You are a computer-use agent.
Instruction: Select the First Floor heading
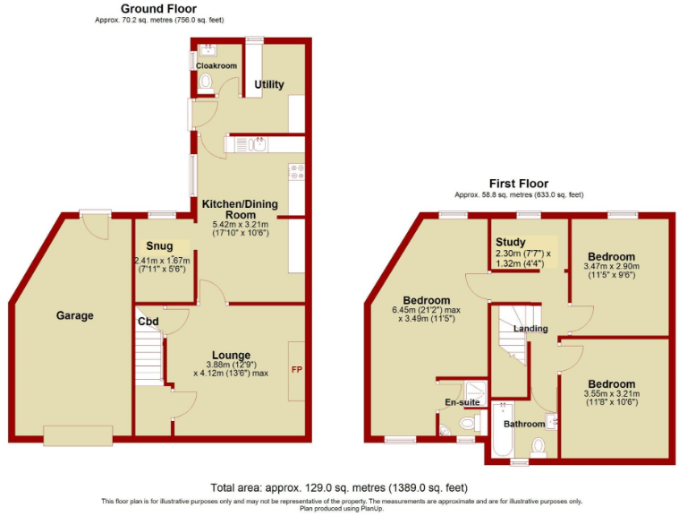click(x=518, y=183)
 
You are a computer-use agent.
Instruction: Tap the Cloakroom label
click(x=216, y=65)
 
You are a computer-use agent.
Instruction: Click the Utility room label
click(x=269, y=85)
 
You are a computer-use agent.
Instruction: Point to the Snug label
click(x=160, y=245)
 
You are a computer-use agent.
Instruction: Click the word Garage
click(x=75, y=315)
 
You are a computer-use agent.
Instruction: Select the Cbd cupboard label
click(x=148, y=322)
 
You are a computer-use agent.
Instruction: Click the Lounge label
click(x=231, y=355)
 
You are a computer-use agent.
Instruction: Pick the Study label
click(x=511, y=242)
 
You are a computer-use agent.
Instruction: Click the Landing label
click(x=530, y=329)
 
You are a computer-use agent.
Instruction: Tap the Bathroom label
click(x=523, y=424)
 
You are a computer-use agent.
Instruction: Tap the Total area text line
click(x=338, y=487)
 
